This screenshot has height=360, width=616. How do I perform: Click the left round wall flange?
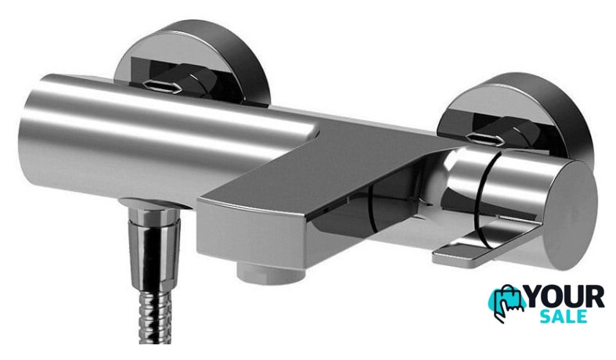193,63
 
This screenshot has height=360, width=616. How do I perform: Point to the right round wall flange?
519,114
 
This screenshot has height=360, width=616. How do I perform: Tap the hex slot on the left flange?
162,85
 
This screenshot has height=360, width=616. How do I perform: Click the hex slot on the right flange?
483,139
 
